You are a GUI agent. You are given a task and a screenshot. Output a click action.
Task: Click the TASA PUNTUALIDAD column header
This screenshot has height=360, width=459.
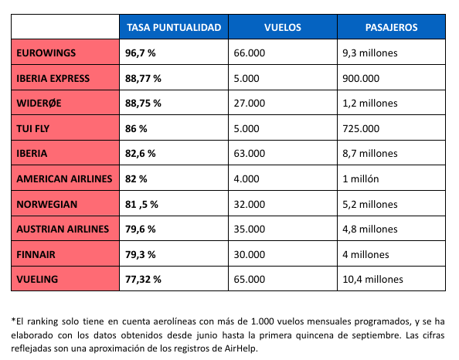(173, 27)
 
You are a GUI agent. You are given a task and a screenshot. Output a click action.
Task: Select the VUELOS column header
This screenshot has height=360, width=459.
(282, 27)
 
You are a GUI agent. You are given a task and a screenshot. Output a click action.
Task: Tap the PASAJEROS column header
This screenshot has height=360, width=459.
(391, 27)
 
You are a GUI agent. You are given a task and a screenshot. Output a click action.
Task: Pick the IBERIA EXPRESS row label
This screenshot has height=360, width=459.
(53, 78)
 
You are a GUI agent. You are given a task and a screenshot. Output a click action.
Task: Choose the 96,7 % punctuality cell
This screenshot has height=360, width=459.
(141, 53)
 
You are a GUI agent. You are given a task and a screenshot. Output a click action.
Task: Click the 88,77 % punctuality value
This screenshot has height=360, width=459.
(144, 78)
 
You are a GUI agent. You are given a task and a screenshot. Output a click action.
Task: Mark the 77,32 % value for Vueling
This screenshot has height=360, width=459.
(144, 279)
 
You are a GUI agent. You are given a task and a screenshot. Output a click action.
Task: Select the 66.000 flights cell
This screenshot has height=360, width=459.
(250, 53)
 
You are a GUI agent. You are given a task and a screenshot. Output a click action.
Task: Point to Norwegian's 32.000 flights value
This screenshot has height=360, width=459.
(250, 204)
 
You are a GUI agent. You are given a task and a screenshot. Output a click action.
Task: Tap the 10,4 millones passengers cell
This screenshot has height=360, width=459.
(372, 279)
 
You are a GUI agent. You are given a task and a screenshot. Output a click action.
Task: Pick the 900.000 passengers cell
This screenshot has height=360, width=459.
(360, 78)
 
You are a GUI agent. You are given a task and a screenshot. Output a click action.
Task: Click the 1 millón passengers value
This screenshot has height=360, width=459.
(361, 178)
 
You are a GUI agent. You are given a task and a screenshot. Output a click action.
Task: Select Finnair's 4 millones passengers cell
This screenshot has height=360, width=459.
(365, 254)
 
